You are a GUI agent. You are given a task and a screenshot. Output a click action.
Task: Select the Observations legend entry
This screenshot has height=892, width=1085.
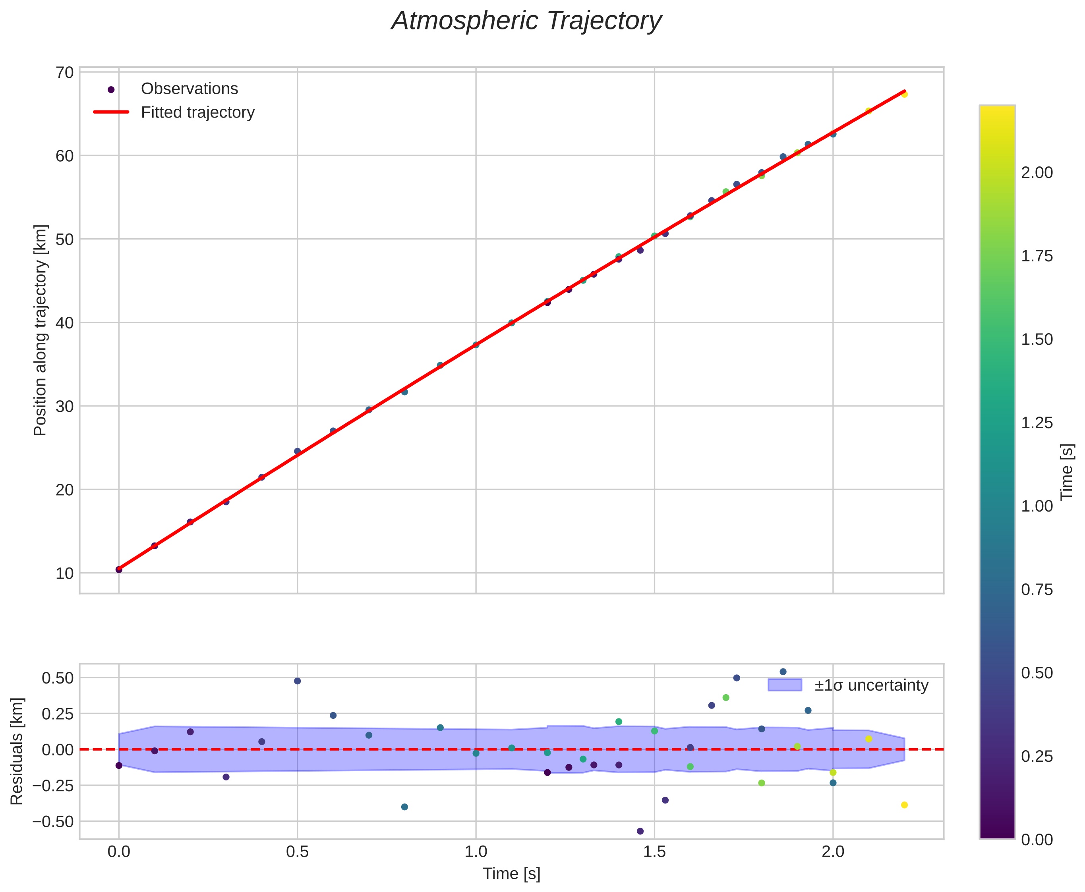point(189,89)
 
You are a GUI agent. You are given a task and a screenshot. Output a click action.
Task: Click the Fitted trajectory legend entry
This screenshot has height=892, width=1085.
point(197,112)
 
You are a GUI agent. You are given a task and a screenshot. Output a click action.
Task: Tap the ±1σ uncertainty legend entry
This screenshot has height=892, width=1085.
point(871,685)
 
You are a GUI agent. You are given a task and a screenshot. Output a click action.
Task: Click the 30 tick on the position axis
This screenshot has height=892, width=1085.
point(65,406)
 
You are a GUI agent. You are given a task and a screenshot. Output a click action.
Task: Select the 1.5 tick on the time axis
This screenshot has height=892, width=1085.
point(654,852)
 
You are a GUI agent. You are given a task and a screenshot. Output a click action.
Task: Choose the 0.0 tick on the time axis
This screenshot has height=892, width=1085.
point(119,852)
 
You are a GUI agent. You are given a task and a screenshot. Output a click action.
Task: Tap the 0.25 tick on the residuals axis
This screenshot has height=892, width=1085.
point(58,714)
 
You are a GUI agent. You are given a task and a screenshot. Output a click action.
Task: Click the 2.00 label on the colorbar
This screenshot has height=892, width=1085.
point(1036,173)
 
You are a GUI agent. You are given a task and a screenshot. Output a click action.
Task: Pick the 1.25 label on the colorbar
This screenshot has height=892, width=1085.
point(1036,423)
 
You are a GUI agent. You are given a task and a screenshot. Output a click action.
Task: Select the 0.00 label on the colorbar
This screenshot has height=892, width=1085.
point(1036,840)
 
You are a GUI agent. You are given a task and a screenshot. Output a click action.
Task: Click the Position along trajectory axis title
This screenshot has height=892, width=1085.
point(41,330)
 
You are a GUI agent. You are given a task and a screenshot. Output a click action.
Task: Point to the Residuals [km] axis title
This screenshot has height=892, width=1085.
point(17,751)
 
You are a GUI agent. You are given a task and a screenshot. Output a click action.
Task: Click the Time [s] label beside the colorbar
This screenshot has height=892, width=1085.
point(1068,472)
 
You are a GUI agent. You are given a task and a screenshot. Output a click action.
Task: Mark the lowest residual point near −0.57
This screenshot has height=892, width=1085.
point(640,831)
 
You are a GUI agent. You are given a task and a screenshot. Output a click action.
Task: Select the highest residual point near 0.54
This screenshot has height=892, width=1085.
point(783,672)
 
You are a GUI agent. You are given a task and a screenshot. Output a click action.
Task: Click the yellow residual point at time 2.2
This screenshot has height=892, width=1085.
point(904,805)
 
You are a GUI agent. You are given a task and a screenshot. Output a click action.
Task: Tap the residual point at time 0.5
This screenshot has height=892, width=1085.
point(297,681)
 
